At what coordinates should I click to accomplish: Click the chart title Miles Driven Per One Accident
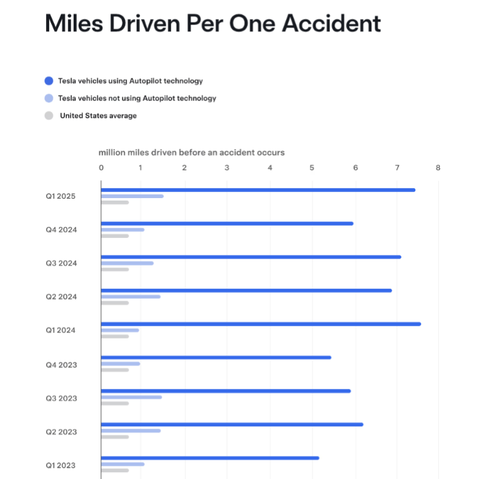pos(213,24)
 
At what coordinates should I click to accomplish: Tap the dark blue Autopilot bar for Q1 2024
pos(261,324)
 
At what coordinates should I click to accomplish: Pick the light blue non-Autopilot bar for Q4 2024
pos(123,229)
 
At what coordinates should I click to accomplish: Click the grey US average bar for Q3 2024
pos(115,269)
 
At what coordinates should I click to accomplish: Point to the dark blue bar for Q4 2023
pos(216,357)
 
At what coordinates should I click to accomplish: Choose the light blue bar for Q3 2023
pos(131,397)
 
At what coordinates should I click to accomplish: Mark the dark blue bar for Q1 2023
pos(210,458)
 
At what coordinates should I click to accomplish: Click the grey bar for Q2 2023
pos(115,437)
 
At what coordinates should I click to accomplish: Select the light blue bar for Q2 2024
pos(131,296)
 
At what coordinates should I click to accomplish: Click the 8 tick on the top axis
pos(438,167)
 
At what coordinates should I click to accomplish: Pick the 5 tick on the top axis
pos(312,167)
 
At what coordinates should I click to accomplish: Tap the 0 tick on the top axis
pos(101,167)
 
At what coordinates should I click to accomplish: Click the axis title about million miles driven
pos(191,152)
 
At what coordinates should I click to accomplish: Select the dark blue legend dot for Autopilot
pos(49,80)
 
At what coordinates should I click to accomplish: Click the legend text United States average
pos(98,115)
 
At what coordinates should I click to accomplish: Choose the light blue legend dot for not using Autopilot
pos(49,98)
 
